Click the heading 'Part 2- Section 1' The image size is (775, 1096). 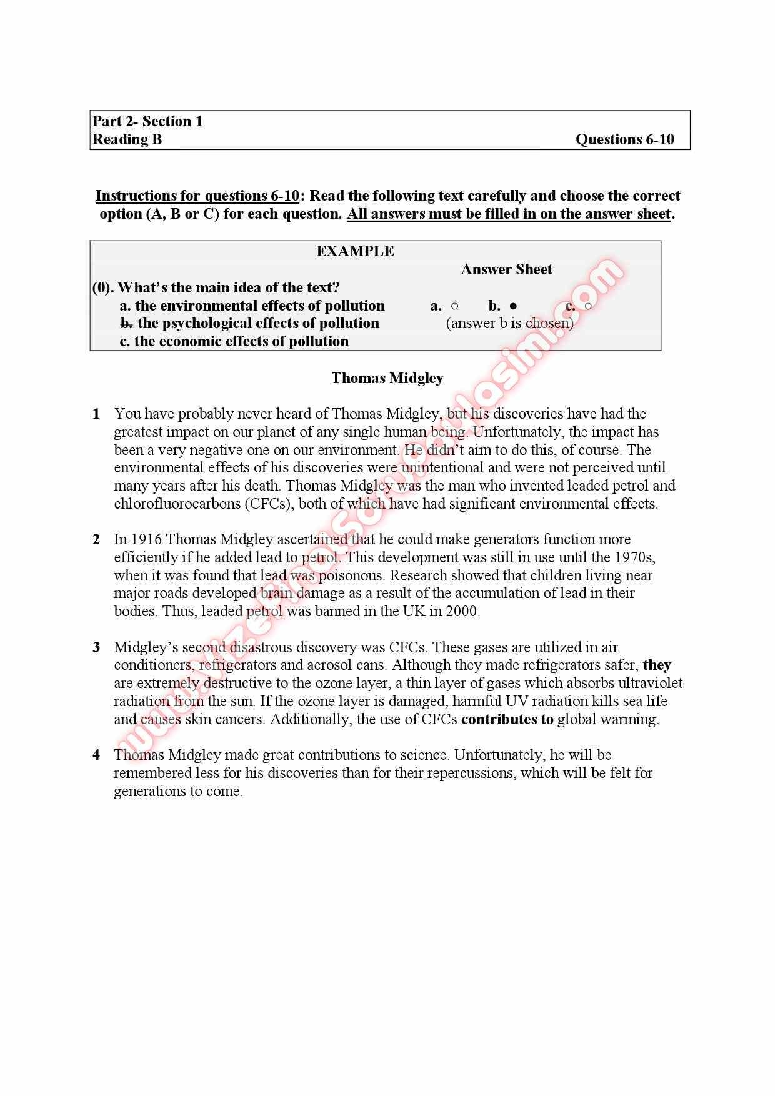[x=147, y=121]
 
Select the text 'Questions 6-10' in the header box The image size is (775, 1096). [x=624, y=139]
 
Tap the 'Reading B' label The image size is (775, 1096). [x=127, y=139]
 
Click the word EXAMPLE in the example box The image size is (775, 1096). [x=355, y=251]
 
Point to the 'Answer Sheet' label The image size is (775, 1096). [x=506, y=269]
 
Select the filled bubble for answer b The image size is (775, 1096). [x=513, y=306]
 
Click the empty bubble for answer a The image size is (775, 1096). [x=454, y=306]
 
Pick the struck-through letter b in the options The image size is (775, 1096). [x=126, y=323]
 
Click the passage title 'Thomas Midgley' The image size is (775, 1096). [x=387, y=378]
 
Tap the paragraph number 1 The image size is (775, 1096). [x=96, y=414]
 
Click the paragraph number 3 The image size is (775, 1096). [x=96, y=647]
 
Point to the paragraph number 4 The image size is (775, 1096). [x=96, y=755]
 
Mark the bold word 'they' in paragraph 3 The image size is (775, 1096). [x=657, y=665]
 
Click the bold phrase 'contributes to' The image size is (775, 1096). [x=507, y=719]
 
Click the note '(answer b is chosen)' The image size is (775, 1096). [x=509, y=323]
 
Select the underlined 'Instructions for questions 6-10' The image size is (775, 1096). [x=197, y=196]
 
